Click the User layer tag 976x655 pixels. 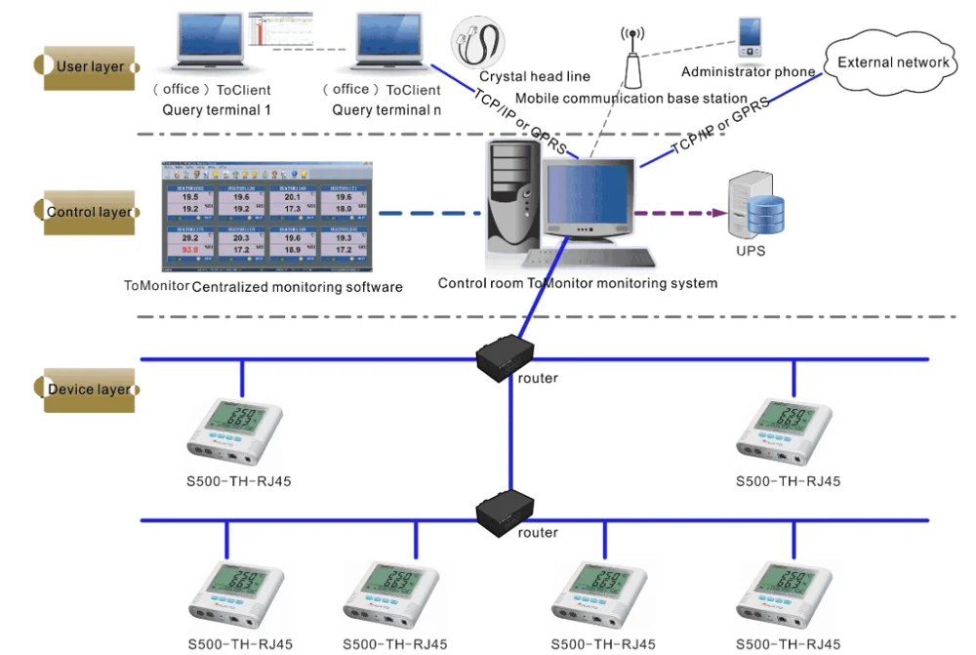click(87, 66)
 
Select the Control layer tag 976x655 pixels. click(87, 212)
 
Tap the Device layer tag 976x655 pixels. click(87, 389)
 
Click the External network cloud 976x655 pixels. click(891, 62)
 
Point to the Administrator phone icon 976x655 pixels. click(750, 38)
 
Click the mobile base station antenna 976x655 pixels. click(632, 58)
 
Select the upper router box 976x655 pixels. click(506, 356)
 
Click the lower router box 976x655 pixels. click(506, 513)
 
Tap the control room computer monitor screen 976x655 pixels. click(587, 195)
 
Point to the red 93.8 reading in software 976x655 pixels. click(189, 251)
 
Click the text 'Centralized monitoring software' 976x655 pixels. click(297, 287)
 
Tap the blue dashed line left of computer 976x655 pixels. click(429, 213)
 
